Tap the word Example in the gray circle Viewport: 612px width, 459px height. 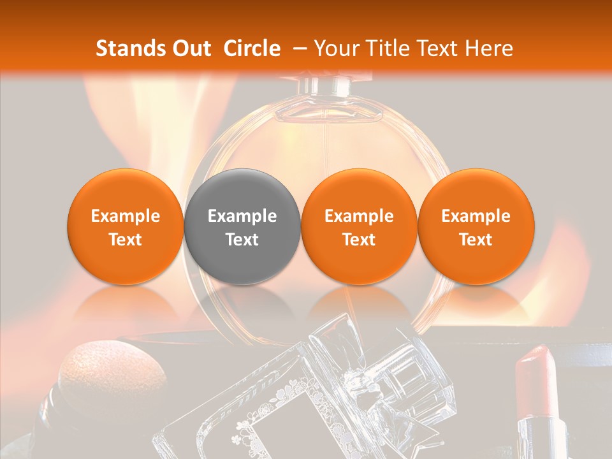242,216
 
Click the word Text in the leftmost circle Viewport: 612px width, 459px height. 125,240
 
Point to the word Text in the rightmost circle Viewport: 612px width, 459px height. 476,240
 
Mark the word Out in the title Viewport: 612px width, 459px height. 189,48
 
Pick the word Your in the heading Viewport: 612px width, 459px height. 334,48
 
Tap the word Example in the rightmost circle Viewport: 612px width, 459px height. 476,216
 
